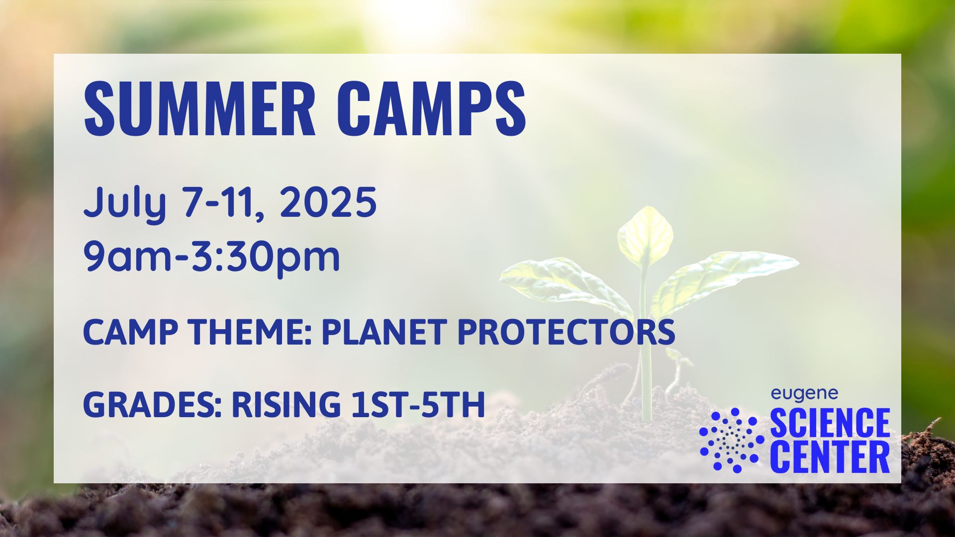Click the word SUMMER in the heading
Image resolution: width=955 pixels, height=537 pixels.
[x=199, y=109]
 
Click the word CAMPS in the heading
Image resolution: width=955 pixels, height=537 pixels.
[x=434, y=109]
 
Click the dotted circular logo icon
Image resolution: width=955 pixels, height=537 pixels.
[x=732, y=440]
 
